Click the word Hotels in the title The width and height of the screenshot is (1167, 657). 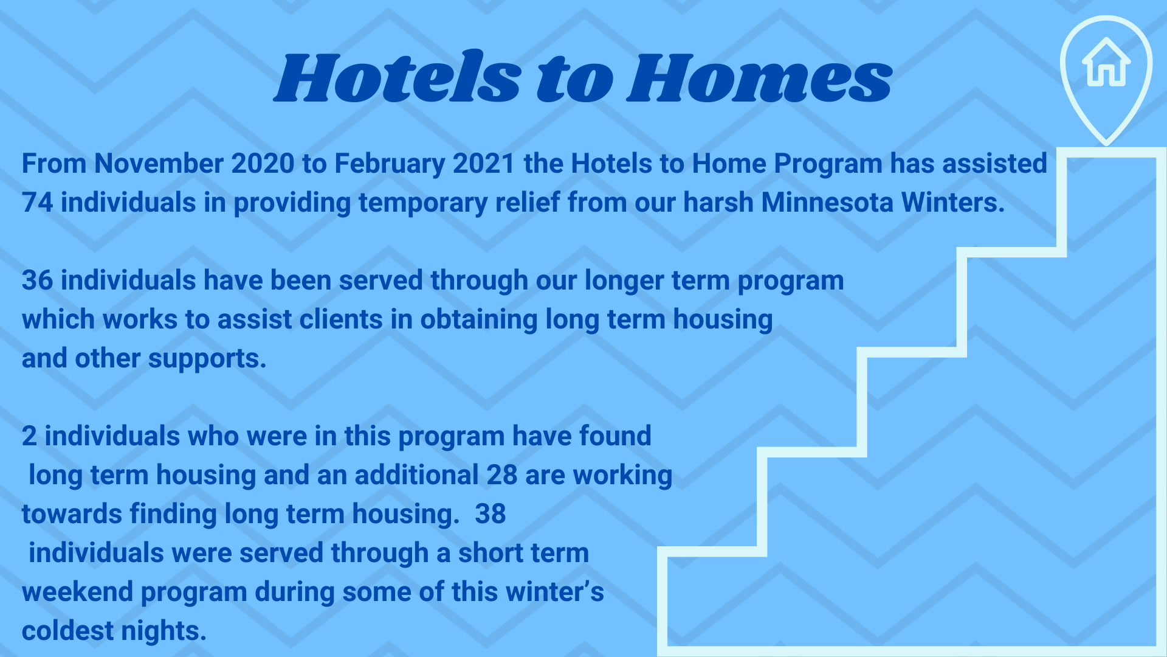(398, 77)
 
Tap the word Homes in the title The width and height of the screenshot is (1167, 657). (760, 77)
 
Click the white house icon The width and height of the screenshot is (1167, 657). (1106, 62)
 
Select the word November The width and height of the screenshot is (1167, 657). (159, 164)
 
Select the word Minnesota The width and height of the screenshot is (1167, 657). (827, 203)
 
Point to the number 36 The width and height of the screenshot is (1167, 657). (38, 280)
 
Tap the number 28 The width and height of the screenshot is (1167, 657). (502, 475)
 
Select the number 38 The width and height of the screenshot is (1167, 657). (491, 514)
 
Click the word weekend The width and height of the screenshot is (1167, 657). (78, 592)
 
